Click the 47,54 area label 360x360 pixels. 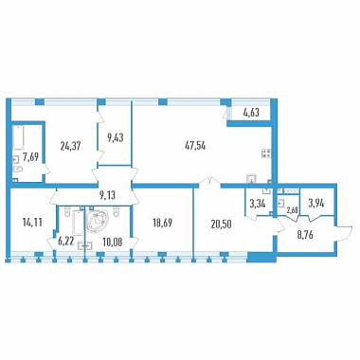pyautogui.click(x=195, y=146)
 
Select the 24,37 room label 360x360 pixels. pyautogui.click(x=70, y=146)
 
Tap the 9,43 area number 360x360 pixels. pyautogui.click(x=115, y=138)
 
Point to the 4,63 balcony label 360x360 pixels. pyautogui.click(x=251, y=113)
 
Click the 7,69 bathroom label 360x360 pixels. pyautogui.click(x=30, y=156)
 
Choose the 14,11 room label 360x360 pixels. pyautogui.click(x=32, y=223)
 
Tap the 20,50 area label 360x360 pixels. pyautogui.click(x=222, y=224)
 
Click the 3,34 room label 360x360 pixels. pyautogui.click(x=258, y=204)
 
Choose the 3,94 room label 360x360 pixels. pyautogui.click(x=315, y=203)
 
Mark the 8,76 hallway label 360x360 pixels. pyautogui.click(x=305, y=235)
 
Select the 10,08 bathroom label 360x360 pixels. pyautogui.click(x=113, y=243)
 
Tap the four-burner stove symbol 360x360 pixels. pyautogui.click(x=266, y=153)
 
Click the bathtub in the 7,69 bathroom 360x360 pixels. pyautogui.click(x=18, y=137)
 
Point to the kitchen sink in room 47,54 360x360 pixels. pyautogui.click(x=251, y=178)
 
